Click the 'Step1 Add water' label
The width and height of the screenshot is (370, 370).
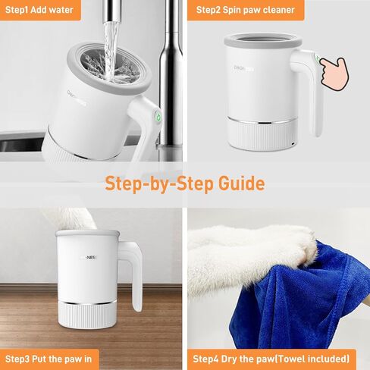39,10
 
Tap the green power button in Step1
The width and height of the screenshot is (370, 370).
156,117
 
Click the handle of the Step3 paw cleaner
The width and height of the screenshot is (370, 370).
137,277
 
